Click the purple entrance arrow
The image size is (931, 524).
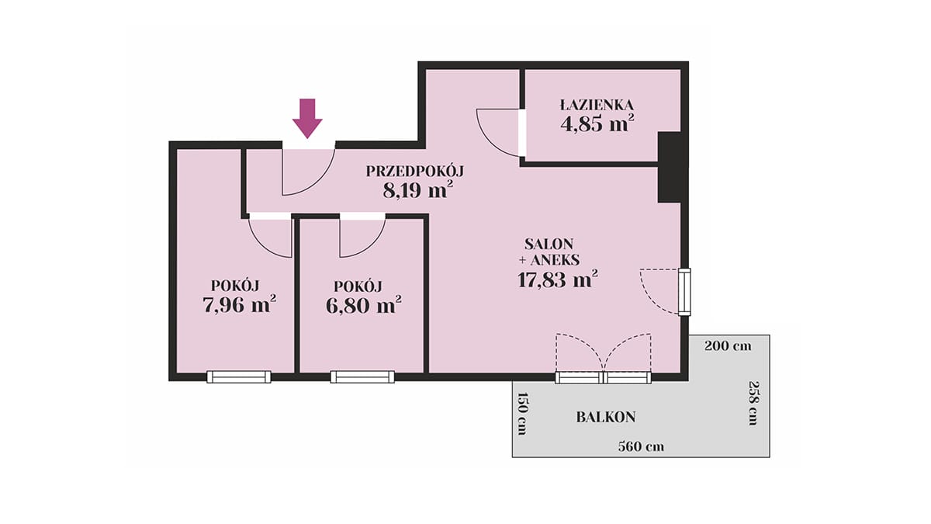(x=307, y=118)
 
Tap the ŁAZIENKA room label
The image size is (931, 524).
(x=597, y=105)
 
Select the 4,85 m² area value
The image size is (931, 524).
(x=597, y=123)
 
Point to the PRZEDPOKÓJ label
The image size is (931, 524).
(x=415, y=172)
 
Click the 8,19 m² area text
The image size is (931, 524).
(x=417, y=190)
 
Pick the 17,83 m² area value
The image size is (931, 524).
(x=557, y=279)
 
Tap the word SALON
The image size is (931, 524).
(x=549, y=243)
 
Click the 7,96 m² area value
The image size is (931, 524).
(x=239, y=305)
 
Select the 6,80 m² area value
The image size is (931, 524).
(x=363, y=306)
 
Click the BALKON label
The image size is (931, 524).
(x=606, y=417)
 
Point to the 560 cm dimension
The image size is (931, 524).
(x=641, y=446)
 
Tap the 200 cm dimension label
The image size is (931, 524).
(x=728, y=346)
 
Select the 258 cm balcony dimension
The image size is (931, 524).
(x=753, y=403)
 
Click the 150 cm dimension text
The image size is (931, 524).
(x=522, y=413)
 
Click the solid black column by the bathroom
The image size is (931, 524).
(x=669, y=167)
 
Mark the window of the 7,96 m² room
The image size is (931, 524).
(x=239, y=377)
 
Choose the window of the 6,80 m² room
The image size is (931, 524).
(x=362, y=377)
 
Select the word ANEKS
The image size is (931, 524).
(x=555, y=260)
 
